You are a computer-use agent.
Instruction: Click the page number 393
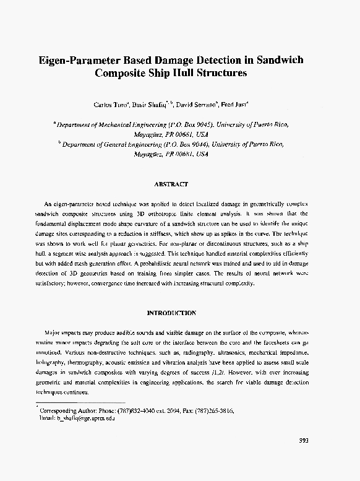click(304, 440)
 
